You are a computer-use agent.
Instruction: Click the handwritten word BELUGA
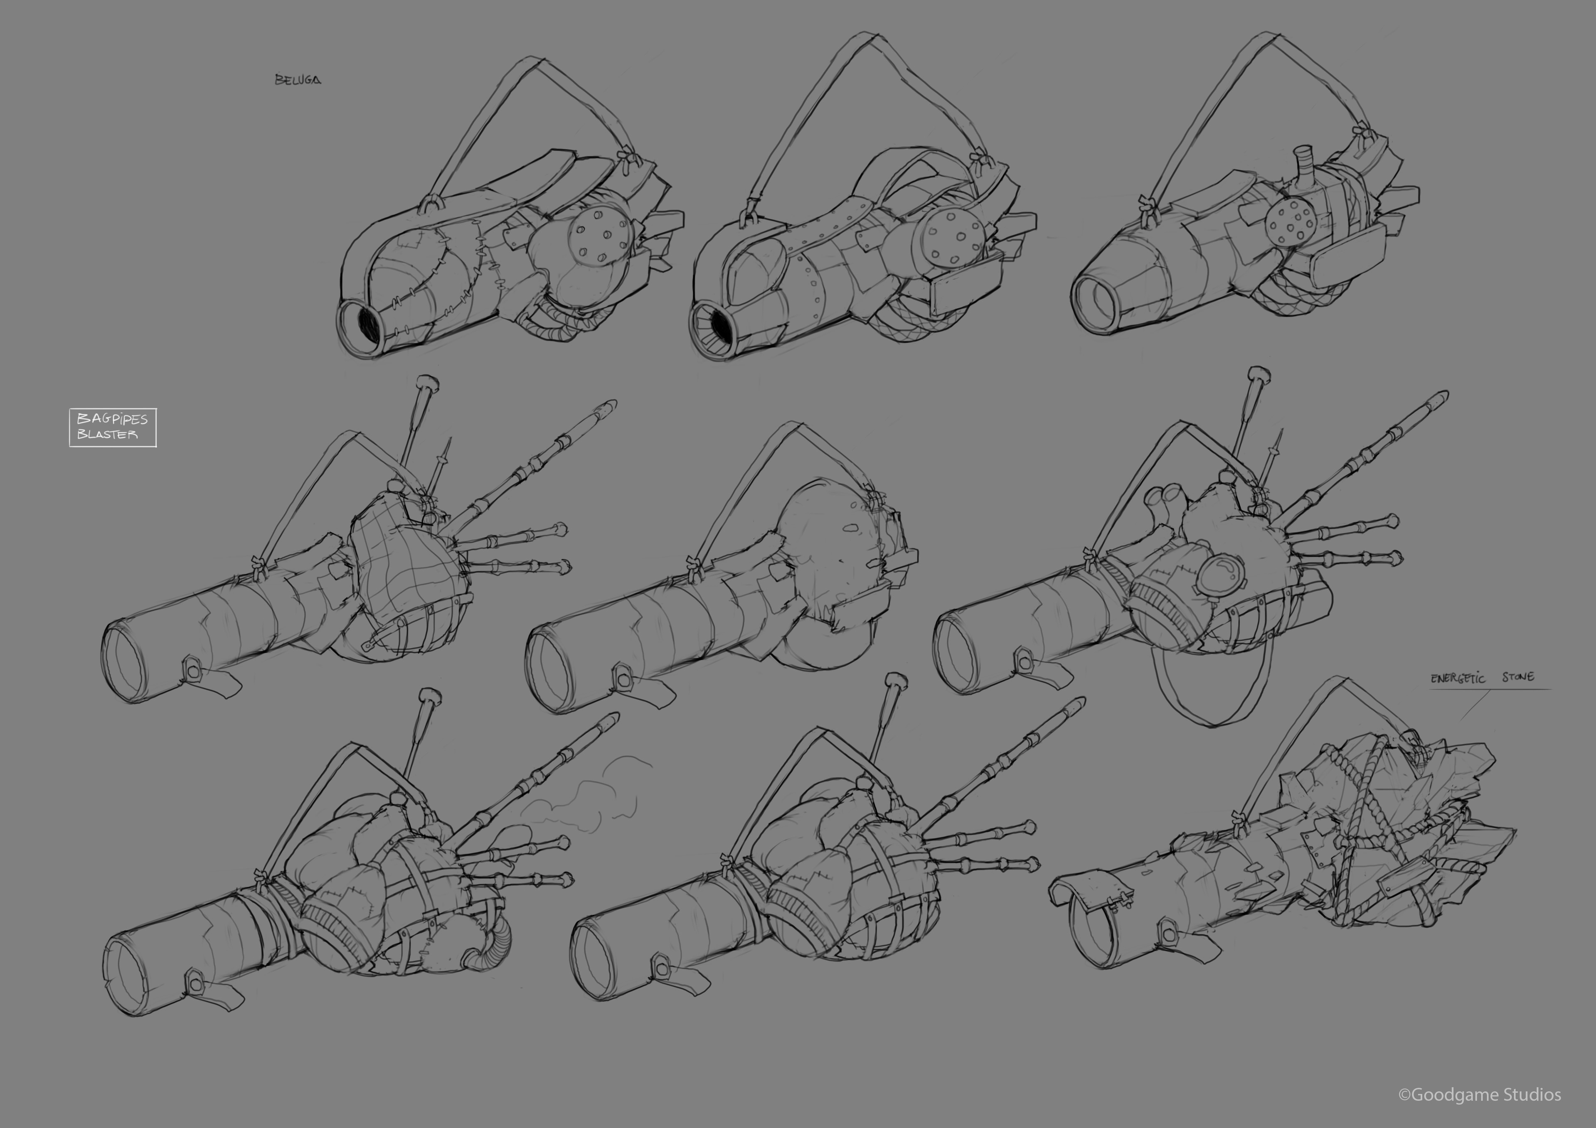pos(298,80)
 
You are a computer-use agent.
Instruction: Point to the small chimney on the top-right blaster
pos(1303,164)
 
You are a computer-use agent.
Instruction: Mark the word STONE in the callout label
pos(1518,677)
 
